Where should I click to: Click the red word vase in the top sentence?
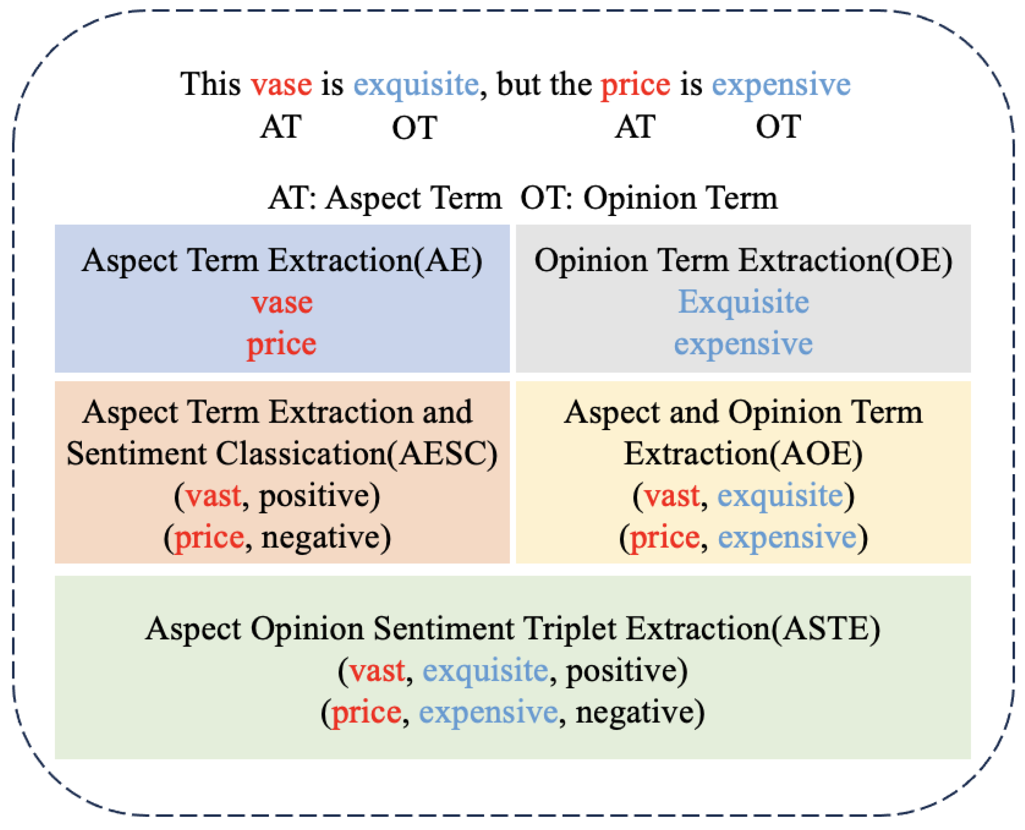tap(281, 85)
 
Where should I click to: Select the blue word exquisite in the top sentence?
tap(416, 85)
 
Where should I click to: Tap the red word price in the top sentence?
tap(635, 85)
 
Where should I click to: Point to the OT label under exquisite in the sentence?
tap(414, 128)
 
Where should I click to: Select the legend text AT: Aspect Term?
tap(385, 198)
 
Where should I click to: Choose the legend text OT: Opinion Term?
tap(649, 198)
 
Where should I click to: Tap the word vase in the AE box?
tap(282, 303)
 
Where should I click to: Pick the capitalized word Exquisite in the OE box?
tap(744, 303)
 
